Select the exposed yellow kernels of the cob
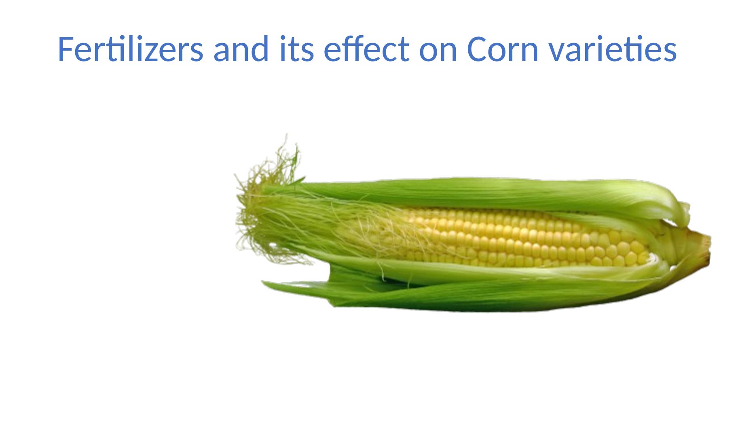pos(526,239)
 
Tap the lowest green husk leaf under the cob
pos(465,297)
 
